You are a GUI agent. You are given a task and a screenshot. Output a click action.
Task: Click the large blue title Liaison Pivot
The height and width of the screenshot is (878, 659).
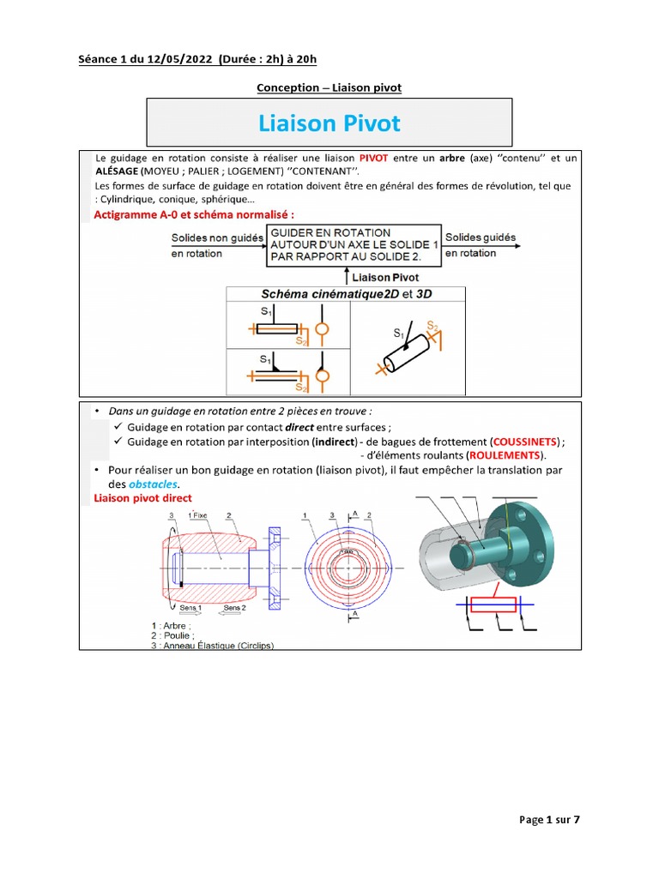pos(329,123)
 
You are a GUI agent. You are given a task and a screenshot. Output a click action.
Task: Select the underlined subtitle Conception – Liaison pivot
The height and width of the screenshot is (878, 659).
pos(329,87)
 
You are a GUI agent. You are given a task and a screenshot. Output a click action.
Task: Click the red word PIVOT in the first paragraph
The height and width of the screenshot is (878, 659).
pos(374,159)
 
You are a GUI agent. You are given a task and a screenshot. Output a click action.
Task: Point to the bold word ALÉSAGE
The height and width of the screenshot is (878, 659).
pos(118,171)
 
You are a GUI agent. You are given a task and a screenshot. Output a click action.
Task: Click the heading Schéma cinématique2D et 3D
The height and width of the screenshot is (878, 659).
pos(345,293)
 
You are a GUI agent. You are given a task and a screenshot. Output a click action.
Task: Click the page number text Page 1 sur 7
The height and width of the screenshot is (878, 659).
pos(550,820)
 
